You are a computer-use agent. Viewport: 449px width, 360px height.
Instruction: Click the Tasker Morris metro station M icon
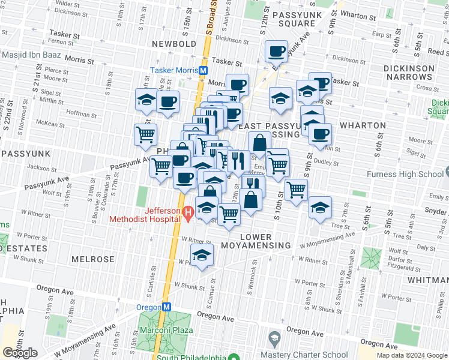click(x=203, y=70)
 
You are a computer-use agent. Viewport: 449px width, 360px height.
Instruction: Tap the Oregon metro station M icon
click(x=167, y=306)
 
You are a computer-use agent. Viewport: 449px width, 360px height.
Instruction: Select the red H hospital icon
click(x=187, y=211)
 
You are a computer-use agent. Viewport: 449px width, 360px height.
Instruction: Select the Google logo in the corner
click(x=20, y=353)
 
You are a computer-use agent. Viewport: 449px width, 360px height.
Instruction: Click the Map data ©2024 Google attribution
click(x=411, y=355)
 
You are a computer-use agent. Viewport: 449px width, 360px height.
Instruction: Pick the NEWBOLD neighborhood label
click(x=174, y=44)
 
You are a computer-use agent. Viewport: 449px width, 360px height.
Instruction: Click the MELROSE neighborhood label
click(x=92, y=259)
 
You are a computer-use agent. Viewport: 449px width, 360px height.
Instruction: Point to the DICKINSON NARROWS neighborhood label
click(x=409, y=73)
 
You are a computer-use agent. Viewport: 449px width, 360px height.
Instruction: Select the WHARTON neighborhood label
click(x=363, y=125)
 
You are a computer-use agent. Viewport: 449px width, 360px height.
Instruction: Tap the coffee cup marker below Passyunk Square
click(x=276, y=51)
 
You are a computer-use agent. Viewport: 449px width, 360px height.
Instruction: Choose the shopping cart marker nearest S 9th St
click(x=297, y=190)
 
